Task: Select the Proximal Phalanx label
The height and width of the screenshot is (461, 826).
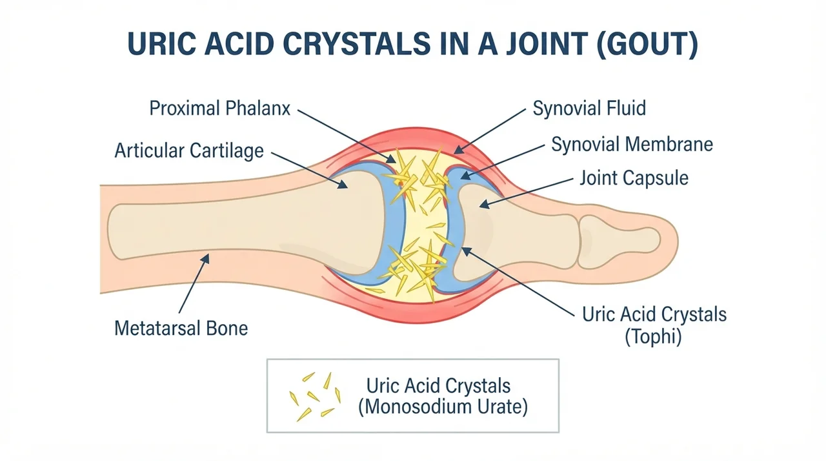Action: [x=220, y=108]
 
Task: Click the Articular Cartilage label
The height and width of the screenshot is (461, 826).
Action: [x=189, y=150]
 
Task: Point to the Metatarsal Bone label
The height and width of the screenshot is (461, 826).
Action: [x=181, y=328]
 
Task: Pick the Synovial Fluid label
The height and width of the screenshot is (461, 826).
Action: [x=589, y=108]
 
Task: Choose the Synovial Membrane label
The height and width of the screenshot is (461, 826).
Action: [x=632, y=144]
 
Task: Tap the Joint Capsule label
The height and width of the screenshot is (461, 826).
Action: [x=634, y=178]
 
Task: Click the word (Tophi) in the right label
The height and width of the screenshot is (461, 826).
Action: [x=653, y=336]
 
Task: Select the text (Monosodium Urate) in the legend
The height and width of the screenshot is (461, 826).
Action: [x=443, y=407]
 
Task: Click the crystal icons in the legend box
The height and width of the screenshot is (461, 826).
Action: [x=315, y=396]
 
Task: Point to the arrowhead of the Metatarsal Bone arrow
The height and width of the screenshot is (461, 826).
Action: [x=206, y=258]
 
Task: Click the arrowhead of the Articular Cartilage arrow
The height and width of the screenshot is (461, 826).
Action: [x=343, y=185]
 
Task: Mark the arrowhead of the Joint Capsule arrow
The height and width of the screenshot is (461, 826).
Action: [x=484, y=204]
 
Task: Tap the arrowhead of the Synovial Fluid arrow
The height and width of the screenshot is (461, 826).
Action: [x=458, y=149]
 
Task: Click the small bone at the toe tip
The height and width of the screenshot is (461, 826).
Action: [x=619, y=241]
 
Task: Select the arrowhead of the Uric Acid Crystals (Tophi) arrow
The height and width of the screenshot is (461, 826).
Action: [x=467, y=251]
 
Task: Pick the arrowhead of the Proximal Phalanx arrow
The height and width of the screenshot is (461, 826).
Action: [x=391, y=159]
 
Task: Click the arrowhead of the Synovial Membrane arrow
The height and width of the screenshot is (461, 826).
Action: [x=465, y=176]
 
